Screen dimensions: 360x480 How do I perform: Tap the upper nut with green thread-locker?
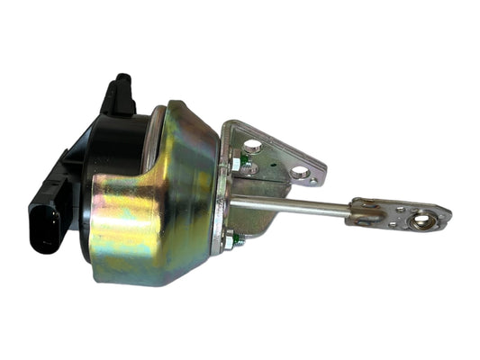[237, 165]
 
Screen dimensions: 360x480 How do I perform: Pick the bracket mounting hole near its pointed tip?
[297, 171]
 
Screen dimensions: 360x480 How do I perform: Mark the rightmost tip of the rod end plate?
[449, 215]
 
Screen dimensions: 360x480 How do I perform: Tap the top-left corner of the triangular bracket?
[227, 122]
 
